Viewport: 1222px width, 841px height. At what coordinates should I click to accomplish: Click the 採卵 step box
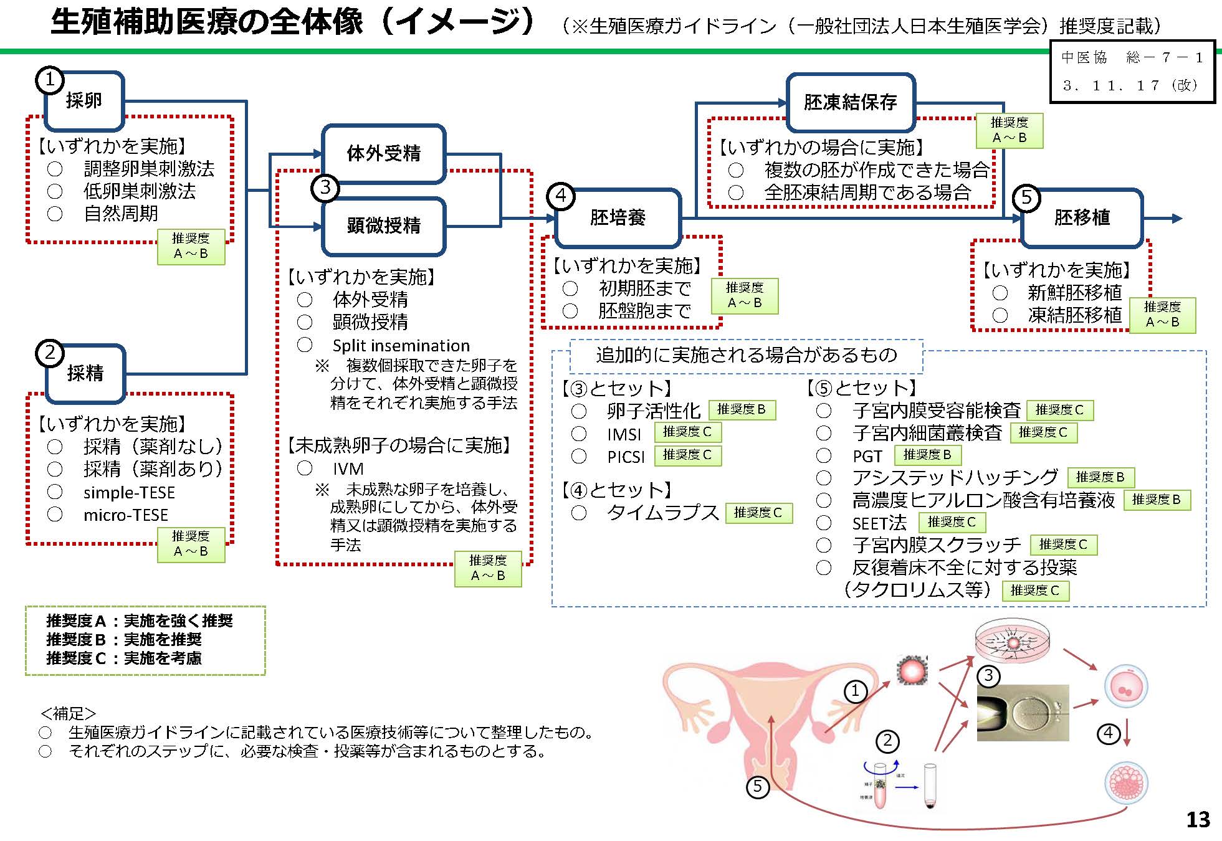[84, 100]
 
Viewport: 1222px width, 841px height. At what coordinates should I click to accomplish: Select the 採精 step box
[85, 373]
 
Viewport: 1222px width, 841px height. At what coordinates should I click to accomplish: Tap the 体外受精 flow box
[383, 153]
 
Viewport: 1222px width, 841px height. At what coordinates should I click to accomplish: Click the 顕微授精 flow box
[383, 226]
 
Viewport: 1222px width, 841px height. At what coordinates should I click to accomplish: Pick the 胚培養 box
[618, 217]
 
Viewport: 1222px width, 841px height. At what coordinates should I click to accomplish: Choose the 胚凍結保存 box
[850, 102]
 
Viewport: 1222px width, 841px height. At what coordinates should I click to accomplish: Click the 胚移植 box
[1082, 217]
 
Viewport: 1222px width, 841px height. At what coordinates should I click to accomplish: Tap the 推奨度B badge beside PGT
[927, 455]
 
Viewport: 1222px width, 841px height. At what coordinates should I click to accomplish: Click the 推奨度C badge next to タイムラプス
[758, 513]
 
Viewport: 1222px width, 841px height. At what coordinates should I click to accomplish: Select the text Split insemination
[401, 346]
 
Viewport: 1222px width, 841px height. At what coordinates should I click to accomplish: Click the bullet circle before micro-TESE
[55, 515]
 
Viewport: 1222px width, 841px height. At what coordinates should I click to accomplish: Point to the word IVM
[348, 468]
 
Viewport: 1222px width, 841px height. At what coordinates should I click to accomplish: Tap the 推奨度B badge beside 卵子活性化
[741, 409]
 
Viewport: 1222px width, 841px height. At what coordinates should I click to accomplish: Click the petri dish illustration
[1012, 644]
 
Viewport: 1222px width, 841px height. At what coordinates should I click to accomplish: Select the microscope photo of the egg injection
[1023, 713]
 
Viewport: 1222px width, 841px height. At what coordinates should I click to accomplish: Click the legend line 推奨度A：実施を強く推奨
[140, 621]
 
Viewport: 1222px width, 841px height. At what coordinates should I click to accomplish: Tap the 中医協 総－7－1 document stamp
[1132, 71]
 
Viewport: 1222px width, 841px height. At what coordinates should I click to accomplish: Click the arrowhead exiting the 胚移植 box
[1177, 218]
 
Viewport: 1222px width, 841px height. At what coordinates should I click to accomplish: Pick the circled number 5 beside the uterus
[757, 787]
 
